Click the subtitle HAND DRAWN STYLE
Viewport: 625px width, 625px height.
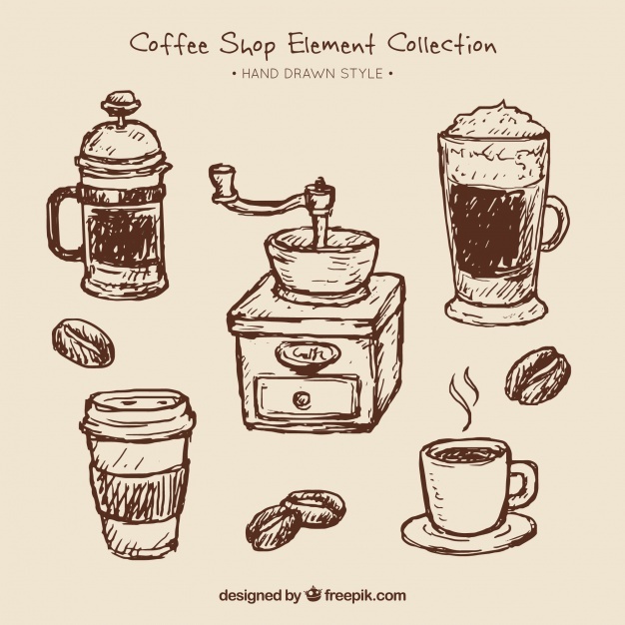coord(312,73)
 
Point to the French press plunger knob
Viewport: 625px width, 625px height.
coord(121,101)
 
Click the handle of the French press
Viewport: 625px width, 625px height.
coord(63,223)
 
